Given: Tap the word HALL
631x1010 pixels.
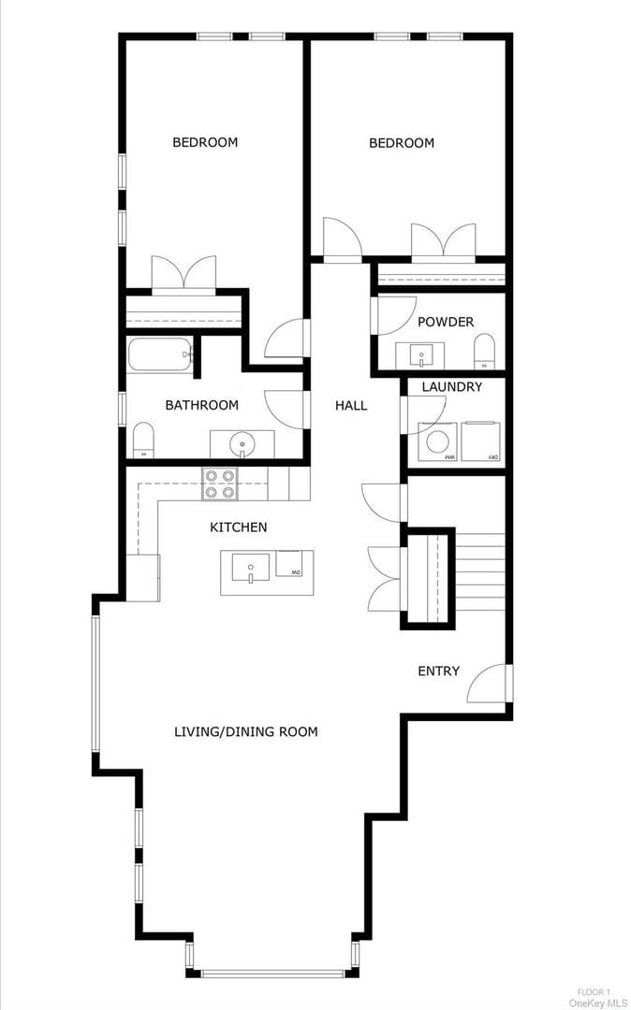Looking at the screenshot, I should pyautogui.click(x=351, y=405).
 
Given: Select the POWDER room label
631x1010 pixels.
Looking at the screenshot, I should pyautogui.click(x=446, y=322).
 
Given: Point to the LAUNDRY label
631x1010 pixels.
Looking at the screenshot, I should pyautogui.click(x=452, y=386).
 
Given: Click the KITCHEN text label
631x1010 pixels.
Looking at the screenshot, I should pyautogui.click(x=238, y=527).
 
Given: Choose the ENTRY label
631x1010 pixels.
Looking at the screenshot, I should pyautogui.click(x=438, y=671).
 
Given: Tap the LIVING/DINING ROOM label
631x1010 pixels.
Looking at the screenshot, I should pyautogui.click(x=246, y=731).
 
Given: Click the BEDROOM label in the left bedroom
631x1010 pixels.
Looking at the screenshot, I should pyautogui.click(x=205, y=142).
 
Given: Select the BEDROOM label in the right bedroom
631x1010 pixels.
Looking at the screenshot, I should pyautogui.click(x=402, y=143).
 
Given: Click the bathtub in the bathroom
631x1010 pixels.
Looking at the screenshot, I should pyautogui.click(x=161, y=355).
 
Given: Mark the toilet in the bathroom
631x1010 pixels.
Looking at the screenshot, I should pyautogui.click(x=143, y=440).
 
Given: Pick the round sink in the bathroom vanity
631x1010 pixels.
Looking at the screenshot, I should pyautogui.click(x=242, y=441).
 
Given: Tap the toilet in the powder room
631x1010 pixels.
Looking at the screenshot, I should pyautogui.click(x=484, y=353).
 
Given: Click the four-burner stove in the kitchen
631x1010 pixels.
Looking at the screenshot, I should pyautogui.click(x=221, y=483).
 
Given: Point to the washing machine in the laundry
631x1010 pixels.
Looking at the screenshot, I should pyautogui.click(x=437, y=441).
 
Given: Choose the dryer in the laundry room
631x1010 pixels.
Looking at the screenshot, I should pyautogui.click(x=481, y=441).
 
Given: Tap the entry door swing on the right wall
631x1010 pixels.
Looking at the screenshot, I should pyautogui.click(x=489, y=685).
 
